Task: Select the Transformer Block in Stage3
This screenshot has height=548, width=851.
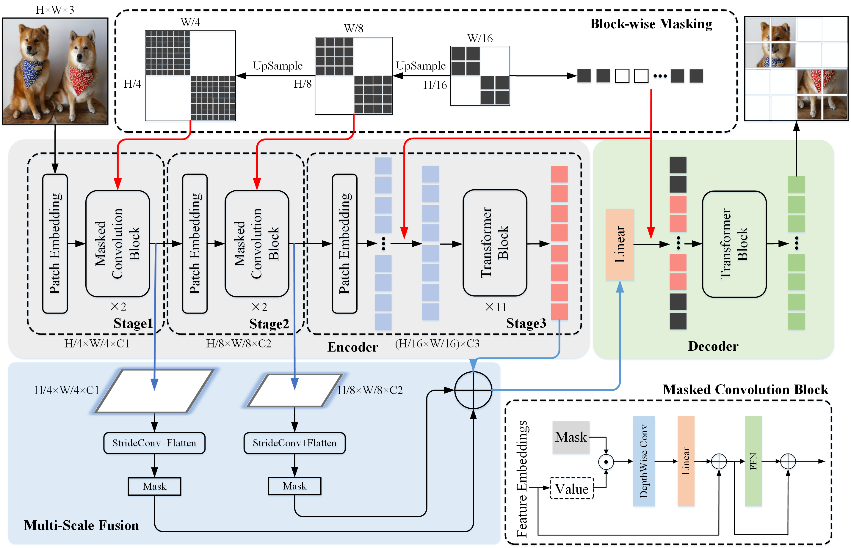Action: point(495,243)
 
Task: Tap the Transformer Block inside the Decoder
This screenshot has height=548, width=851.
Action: point(734,244)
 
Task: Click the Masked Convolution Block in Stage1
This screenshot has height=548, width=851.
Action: point(117,243)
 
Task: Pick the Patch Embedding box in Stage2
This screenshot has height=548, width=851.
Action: point(195,243)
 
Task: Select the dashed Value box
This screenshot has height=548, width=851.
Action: point(571,488)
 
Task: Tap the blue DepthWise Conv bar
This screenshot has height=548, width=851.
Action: point(643,461)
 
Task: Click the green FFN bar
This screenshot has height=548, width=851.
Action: point(753,461)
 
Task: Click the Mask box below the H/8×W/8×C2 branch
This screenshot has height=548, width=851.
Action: point(294,486)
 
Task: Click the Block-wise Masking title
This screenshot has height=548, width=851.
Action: point(651,24)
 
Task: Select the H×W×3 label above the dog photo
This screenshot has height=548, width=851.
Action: point(55,10)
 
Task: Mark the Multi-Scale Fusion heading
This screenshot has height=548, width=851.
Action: point(81,525)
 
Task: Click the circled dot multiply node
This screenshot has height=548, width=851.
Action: point(606,462)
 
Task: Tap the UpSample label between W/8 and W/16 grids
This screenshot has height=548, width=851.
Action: point(421,66)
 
